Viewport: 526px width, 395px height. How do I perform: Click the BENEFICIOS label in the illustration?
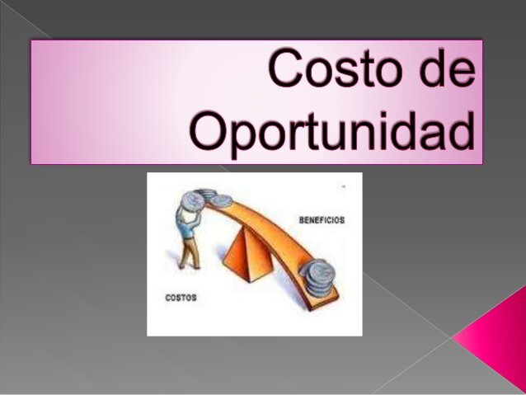(321, 220)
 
